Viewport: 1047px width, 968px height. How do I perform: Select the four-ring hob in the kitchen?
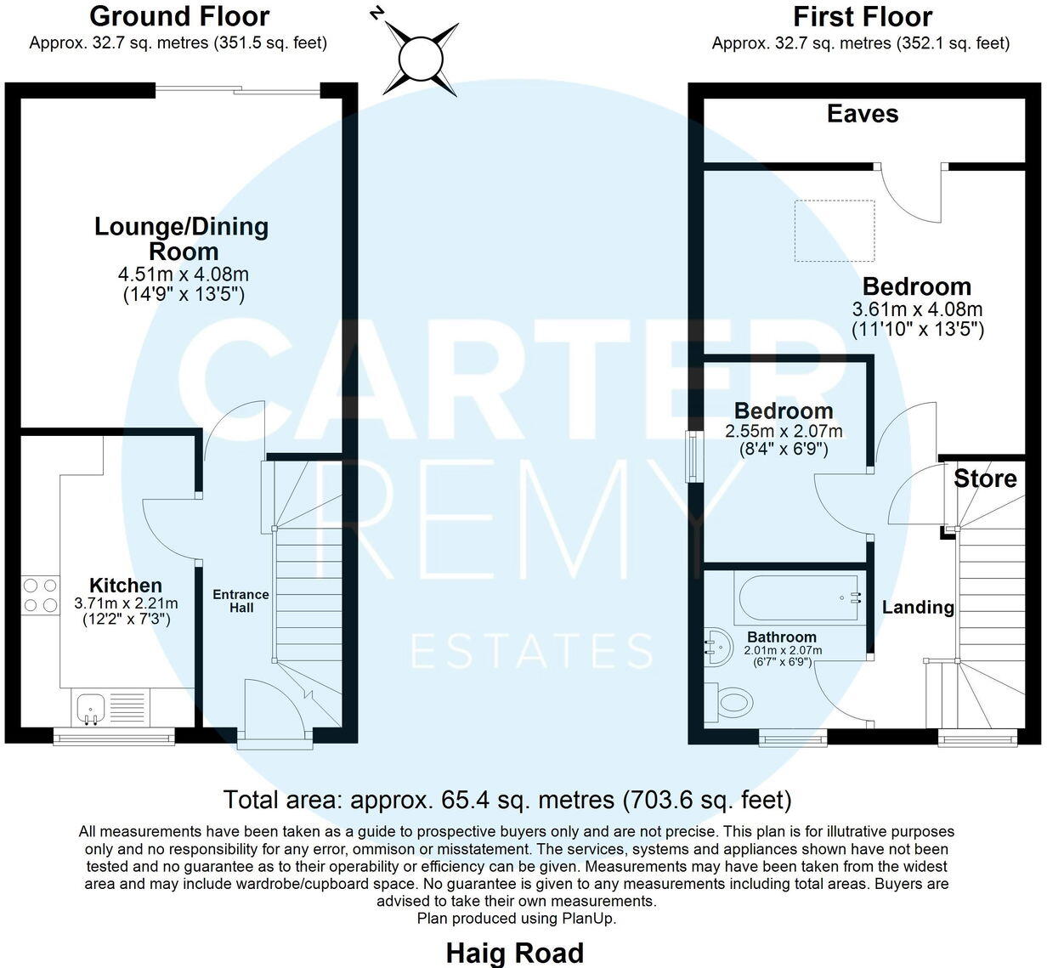(40, 594)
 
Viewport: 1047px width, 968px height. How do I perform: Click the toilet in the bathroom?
(732, 701)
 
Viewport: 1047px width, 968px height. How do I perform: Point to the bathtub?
(798, 597)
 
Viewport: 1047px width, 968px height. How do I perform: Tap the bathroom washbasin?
(716, 646)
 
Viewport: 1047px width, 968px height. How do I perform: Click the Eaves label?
(862, 114)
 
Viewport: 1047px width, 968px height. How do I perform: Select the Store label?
(985, 478)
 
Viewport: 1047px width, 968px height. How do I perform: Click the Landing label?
(918, 608)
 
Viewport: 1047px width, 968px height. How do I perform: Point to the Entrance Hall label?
(241, 601)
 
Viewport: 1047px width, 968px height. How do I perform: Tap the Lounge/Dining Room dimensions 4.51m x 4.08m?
(184, 275)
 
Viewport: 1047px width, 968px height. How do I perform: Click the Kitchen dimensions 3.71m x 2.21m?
(126, 604)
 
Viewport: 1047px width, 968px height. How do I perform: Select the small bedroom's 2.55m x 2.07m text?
(784, 432)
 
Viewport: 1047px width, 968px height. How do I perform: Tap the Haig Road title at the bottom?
(515, 953)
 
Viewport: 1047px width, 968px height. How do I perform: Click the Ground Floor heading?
(178, 16)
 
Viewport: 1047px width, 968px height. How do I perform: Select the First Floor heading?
(862, 16)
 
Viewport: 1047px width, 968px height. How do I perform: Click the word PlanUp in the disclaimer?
(587, 919)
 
